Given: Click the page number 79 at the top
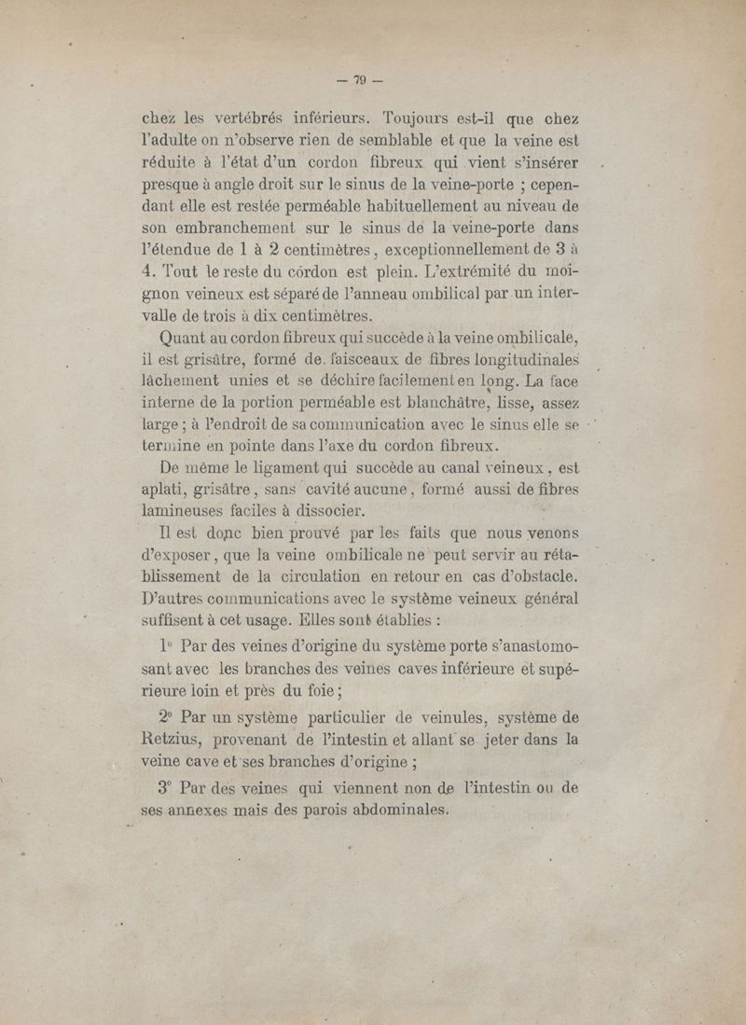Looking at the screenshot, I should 358,81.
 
